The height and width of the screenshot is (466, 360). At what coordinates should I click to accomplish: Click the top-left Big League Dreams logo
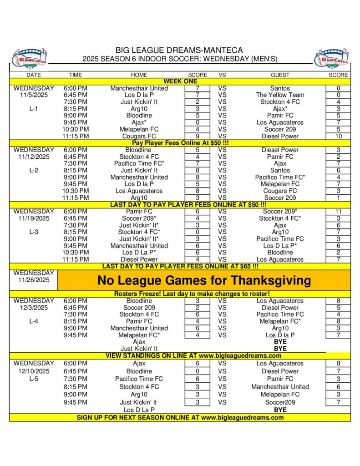click(x=29, y=58)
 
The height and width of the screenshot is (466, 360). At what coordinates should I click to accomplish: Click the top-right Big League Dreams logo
click(x=331, y=58)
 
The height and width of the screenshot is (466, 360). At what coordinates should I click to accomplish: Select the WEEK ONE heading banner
click(x=180, y=81)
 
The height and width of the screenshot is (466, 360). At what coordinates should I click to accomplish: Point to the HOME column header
click(x=139, y=75)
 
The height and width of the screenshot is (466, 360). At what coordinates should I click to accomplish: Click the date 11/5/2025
click(x=34, y=95)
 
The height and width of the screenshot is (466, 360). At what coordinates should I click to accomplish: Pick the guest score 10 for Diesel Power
click(x=338, y=136)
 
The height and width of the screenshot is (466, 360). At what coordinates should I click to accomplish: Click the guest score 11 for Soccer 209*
click(x=338, y=212)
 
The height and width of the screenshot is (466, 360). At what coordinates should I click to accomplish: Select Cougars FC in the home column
click(x=139, y=136)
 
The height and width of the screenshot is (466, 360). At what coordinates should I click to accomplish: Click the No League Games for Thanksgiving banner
click(x=203, y=280)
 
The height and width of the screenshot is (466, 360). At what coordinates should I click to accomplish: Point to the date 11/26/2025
click(x=34, y=280)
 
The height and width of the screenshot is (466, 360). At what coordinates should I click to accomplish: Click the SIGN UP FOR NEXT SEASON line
click(x=180, y=417)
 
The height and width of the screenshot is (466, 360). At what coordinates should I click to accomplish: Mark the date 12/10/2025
click(x=34, y=371)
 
